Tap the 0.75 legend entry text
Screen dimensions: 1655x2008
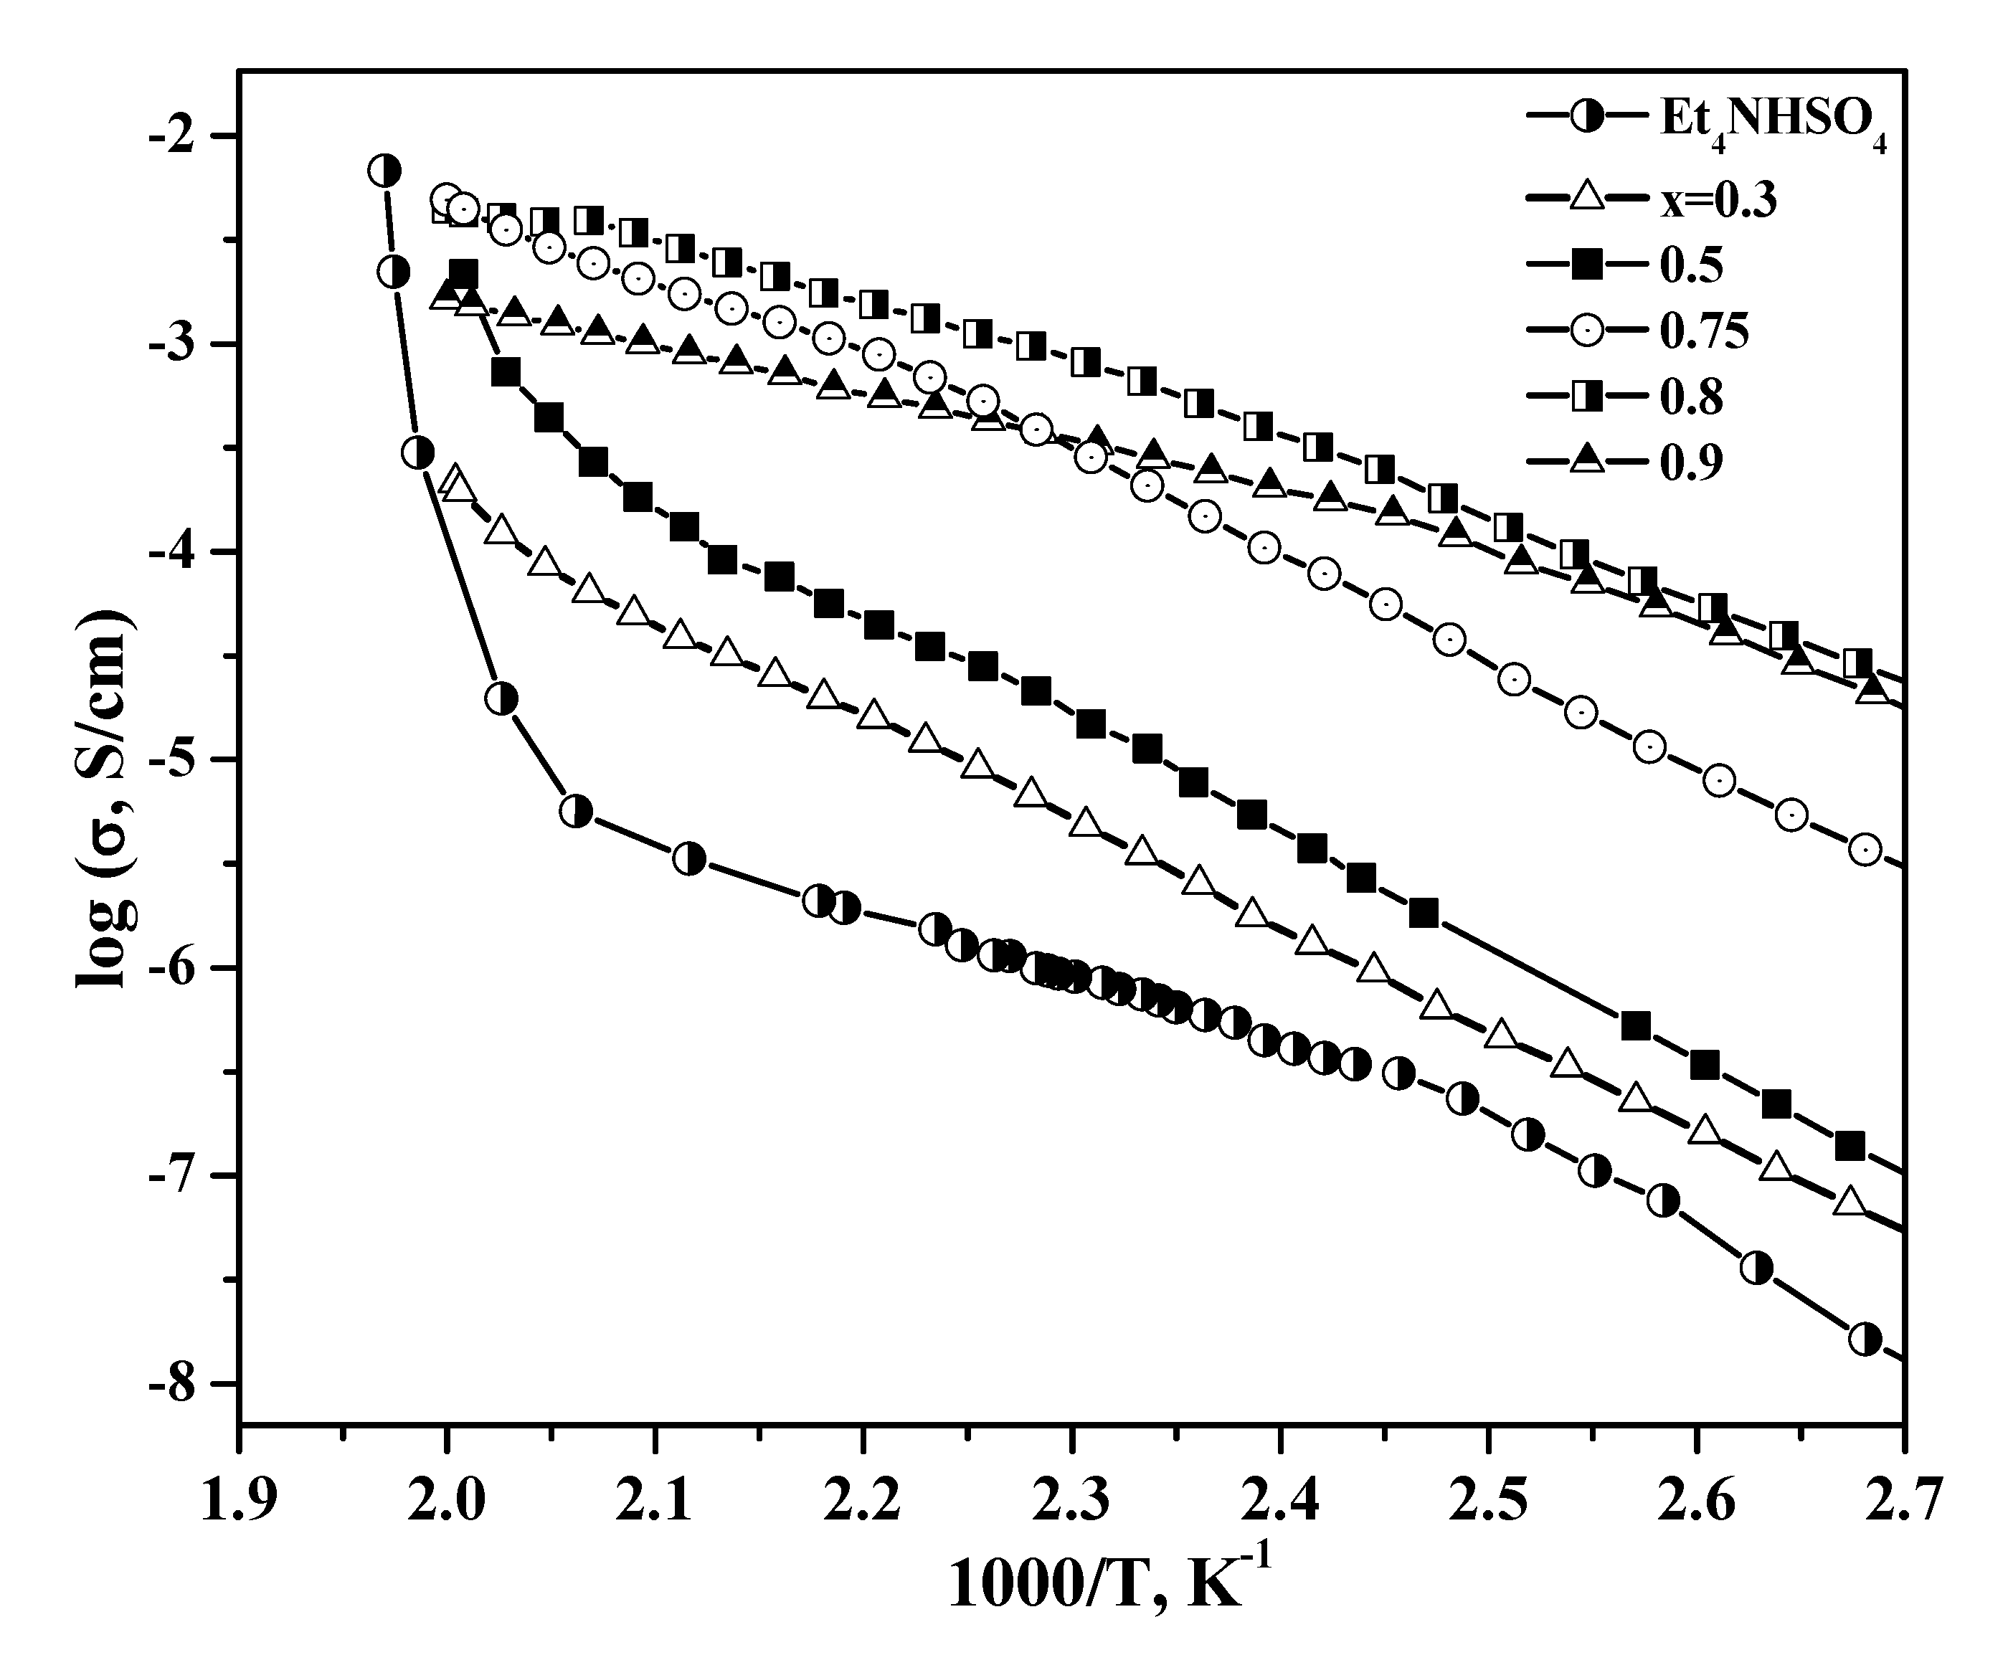tap(1705, 331)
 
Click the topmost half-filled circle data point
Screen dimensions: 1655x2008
tap(384, 171)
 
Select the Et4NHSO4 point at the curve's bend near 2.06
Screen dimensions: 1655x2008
tap(576, 811)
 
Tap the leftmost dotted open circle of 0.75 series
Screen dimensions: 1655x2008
tap(446, 199)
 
